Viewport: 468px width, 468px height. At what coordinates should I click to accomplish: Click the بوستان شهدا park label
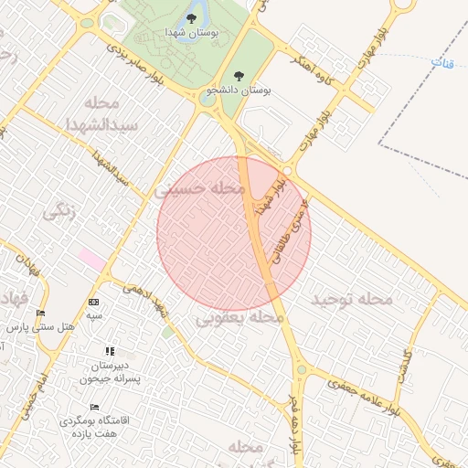(189, 32)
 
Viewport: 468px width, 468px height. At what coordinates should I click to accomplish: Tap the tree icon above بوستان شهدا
(191, 17)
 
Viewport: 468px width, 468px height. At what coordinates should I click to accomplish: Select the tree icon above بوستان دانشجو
(239, 77)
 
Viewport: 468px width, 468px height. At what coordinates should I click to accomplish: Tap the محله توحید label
(351, 299)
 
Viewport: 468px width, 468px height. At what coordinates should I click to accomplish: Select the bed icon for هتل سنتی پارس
(39, 314)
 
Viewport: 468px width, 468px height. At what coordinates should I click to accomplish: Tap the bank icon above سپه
(93, 302)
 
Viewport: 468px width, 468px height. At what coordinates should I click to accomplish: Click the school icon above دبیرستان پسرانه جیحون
(110, 350)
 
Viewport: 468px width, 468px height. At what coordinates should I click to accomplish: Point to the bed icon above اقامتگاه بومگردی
(93, 408)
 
